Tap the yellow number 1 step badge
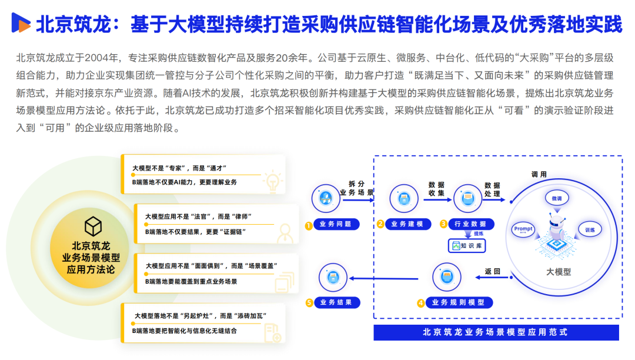[308, 225]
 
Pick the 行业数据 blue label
[470, 224]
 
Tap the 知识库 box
[467, 246]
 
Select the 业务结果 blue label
[336, 303]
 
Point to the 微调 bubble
[556, 199]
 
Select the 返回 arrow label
[492, 272]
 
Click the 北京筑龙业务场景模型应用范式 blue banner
[496, 332]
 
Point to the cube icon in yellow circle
[93, 226]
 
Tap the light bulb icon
[272, 182]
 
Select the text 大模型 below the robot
[558, 272]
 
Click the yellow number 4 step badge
[421, 304]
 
